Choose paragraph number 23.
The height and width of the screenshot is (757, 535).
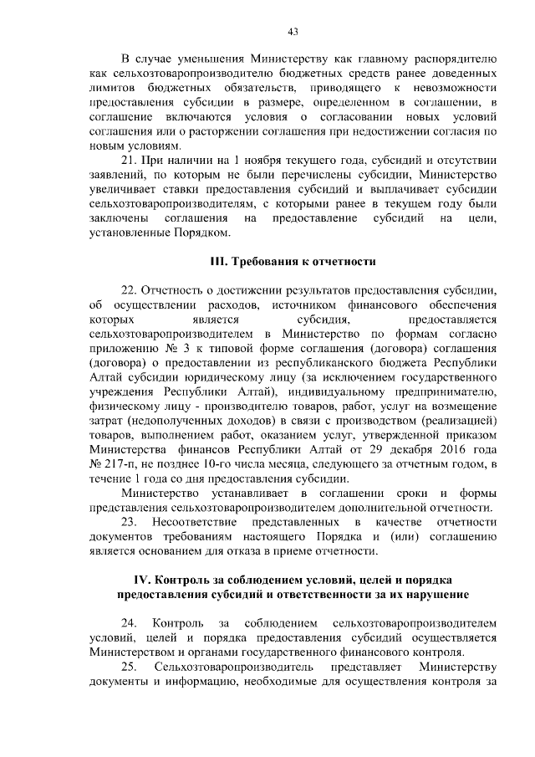tap(130, 522)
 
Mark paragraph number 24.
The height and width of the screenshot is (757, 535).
tap(130, 623)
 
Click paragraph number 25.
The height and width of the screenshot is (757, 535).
tap(130, 667)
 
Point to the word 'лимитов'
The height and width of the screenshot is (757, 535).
tap(111, 87)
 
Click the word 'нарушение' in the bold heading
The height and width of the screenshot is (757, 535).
tap(435, 595)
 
